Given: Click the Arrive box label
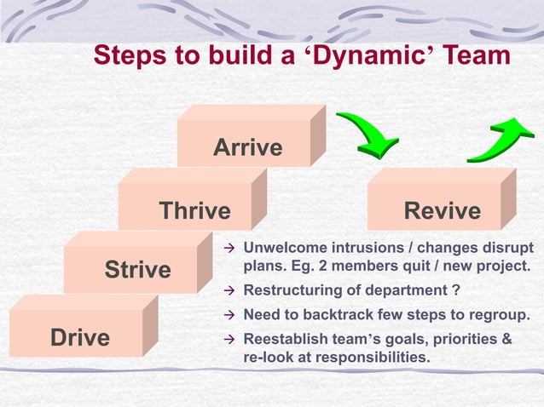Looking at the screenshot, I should pyautogui.click(x=247, y=147).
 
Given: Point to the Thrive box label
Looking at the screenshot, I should pyautogui.click(x=194, y=210).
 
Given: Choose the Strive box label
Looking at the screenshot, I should pyautogui.click(x=137, y=271).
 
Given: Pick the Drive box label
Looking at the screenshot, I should pyautogui.click(x=80, y=337).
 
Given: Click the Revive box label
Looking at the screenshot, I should pyautogui.click(x=442, y=210).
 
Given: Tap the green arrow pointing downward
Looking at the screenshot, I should pyautogui.click(x=367, y=137).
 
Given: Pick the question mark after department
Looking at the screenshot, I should pyautogui.click(x=457, y=290).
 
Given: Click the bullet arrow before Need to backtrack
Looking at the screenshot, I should pyautogui.click(x=228, y=316).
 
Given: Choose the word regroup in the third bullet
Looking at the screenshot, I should pyautogui.click(x=501, y=315).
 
